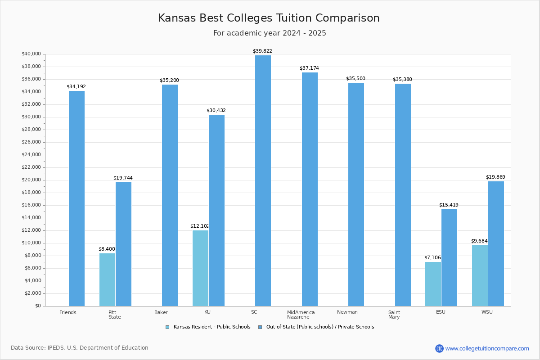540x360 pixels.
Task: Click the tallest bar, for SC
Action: [263, 180]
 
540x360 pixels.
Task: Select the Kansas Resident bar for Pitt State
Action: [107, 279]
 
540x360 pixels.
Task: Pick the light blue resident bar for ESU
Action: [433, 283]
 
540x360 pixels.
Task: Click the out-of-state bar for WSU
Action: [496, 243]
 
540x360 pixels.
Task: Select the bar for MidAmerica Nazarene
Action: [310, 189]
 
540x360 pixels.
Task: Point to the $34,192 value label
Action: [76, 86]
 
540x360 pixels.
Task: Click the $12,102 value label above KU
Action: [199, 226]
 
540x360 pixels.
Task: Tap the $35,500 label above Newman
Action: [355, 78]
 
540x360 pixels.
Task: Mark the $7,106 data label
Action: [432, 257]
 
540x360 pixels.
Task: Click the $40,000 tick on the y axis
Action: [31, 54]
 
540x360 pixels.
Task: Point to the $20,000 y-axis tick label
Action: [31, 180]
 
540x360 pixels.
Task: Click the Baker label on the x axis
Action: [161, 312]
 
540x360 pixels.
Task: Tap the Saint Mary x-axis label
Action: [394, 315]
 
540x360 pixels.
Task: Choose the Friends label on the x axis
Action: [68, 312]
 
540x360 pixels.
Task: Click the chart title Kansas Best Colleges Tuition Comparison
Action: [269, 18]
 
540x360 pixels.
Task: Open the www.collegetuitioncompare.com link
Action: [487, 348]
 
